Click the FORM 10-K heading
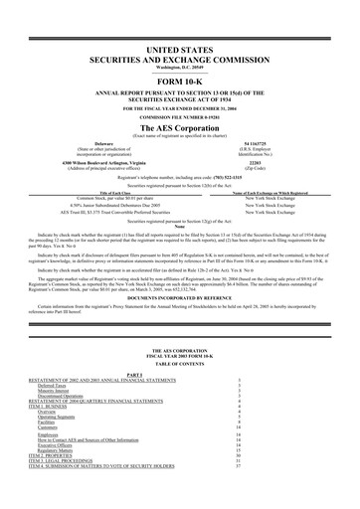[180, 82]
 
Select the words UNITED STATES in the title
[180, 49]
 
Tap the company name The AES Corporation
[180, 128]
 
